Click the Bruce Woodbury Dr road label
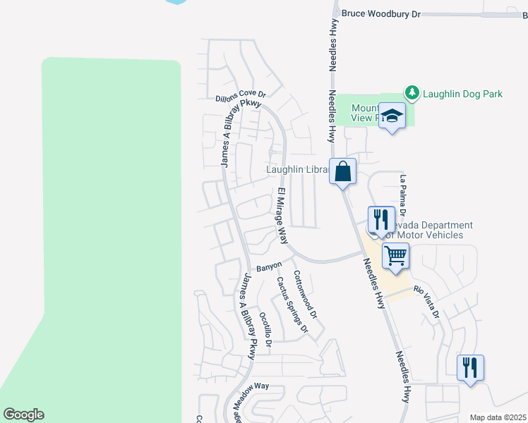pos(380,13)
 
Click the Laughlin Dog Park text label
pos(462,93)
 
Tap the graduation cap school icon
pos(391,116)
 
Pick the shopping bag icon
pos(342,171)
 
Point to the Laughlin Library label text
pos(296,170)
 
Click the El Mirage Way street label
pos(282,216)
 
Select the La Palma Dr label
pos(403,195)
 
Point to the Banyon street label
pos(269,267)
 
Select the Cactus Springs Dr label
pos(292,304)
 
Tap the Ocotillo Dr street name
pos(265,329)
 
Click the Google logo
pos(23,415)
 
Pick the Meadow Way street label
pos(252,387)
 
